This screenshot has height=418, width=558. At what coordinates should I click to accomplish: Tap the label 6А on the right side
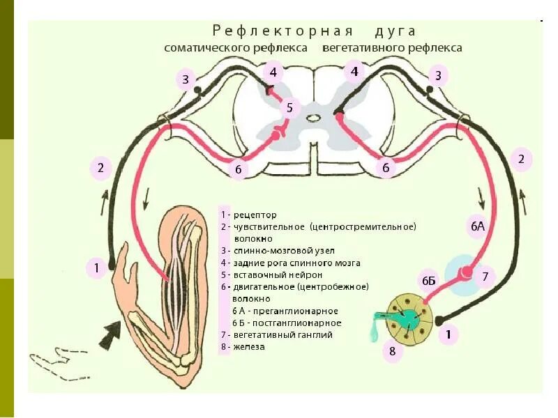click(476, 227)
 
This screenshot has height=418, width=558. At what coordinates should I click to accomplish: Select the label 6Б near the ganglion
click(428, 280)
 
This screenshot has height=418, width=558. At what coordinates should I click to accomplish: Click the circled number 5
click(290, 108)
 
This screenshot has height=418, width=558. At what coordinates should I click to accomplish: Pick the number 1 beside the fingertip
click(97, 266)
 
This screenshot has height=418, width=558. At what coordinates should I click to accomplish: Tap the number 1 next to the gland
click(448, 336)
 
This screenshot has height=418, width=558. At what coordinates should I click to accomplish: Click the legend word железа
click(250, 346)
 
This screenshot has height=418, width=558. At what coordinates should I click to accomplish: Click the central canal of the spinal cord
click(314, 118)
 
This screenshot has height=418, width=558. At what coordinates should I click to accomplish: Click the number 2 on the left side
click(101, 167)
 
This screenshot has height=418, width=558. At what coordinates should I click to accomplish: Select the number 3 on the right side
click(438, 75)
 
